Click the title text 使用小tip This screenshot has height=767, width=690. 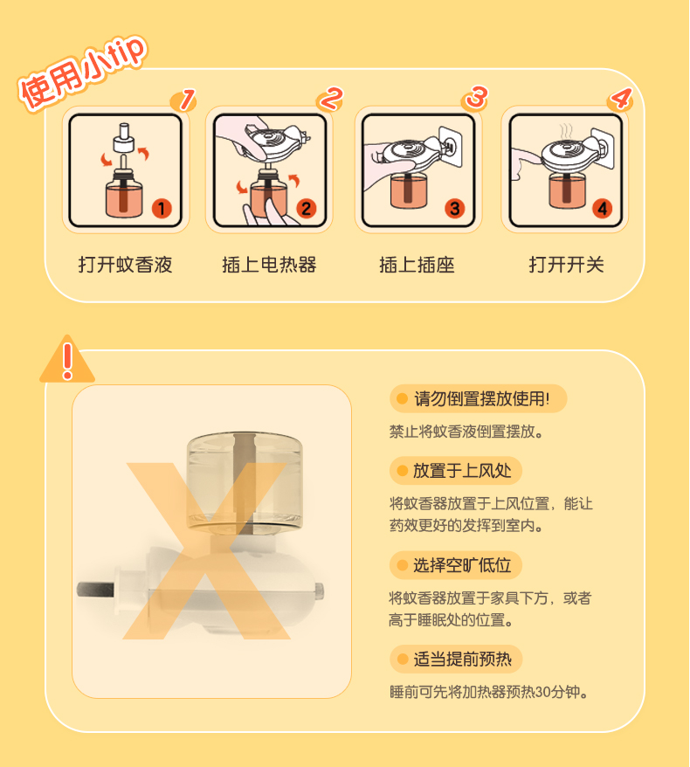pyautogui.click(x=82, y=73)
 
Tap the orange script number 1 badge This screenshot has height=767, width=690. pyautogui.click(x=184, y=100)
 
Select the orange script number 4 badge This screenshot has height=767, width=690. pyautogui.click(x=620, y=99)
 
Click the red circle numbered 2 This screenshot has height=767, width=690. pyautogui.click(x=306, y=209)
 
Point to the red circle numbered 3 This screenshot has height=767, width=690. pyautogui.click(x=454, y=209)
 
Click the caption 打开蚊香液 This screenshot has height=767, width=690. pyautogui.click(x=126, y=265)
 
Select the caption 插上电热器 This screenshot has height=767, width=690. pyautogui.click(x=269, y=265)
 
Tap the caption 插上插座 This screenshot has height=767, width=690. pyautogui.click(x=417, y=265)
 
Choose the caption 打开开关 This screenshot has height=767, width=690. pyautogui.click(x=566, y=265)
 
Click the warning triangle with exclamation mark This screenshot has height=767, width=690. pyautogui.click(x=67, y=360)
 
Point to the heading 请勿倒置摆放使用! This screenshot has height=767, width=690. pyautogui.click(x=481, y=398)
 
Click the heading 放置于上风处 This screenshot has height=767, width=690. pyautogui.click(x=462, y=471)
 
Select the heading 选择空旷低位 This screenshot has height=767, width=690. pyautogui.click(x=462, y=565)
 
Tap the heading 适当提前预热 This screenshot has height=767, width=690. pyautogui.click(x=462, y=659)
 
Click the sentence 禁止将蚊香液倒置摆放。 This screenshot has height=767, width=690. pyautogui.click(x=466, y=432)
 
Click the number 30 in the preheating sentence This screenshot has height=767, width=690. pyautogui.click(x=543, y=692)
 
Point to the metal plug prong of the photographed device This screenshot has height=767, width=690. pyautogui.click(x=95, y=589)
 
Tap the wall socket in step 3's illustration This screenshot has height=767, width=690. pyautogui.click(x=451, y=146)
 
